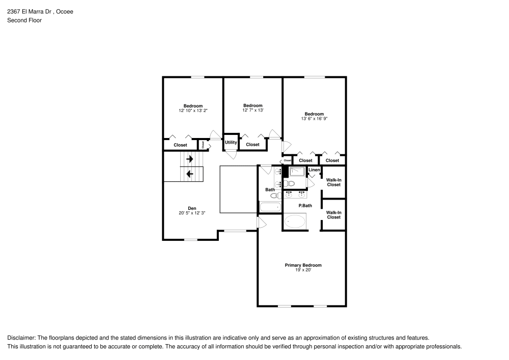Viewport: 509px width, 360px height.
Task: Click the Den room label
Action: click(192, 208)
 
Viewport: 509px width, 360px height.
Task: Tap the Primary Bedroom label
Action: click(303, 265)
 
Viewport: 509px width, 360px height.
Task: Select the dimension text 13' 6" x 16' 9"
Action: click(314, 118)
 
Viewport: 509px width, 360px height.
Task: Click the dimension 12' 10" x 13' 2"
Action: click(193, 110)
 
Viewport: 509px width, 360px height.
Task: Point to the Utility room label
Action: click(231, 142)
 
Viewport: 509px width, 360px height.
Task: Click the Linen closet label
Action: click(314, 170)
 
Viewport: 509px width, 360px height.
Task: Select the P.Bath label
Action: click(305, 206)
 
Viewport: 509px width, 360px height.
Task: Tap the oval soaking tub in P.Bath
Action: click(295, 221)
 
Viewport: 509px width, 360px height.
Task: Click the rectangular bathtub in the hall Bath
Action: click(270, 207)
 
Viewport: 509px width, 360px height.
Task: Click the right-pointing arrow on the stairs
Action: click(189, 159)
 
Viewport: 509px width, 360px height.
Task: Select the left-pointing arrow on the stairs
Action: click(189, 174)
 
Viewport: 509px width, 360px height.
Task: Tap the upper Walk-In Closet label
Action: click(333, 182)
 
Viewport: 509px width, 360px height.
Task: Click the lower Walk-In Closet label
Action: click(333, 215)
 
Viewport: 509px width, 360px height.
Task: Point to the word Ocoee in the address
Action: click(64, 11)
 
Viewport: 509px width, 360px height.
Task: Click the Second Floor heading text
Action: click(24, 20)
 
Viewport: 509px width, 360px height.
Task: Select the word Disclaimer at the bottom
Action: click(20, 338)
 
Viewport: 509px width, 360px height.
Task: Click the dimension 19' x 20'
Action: click(303, 270)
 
